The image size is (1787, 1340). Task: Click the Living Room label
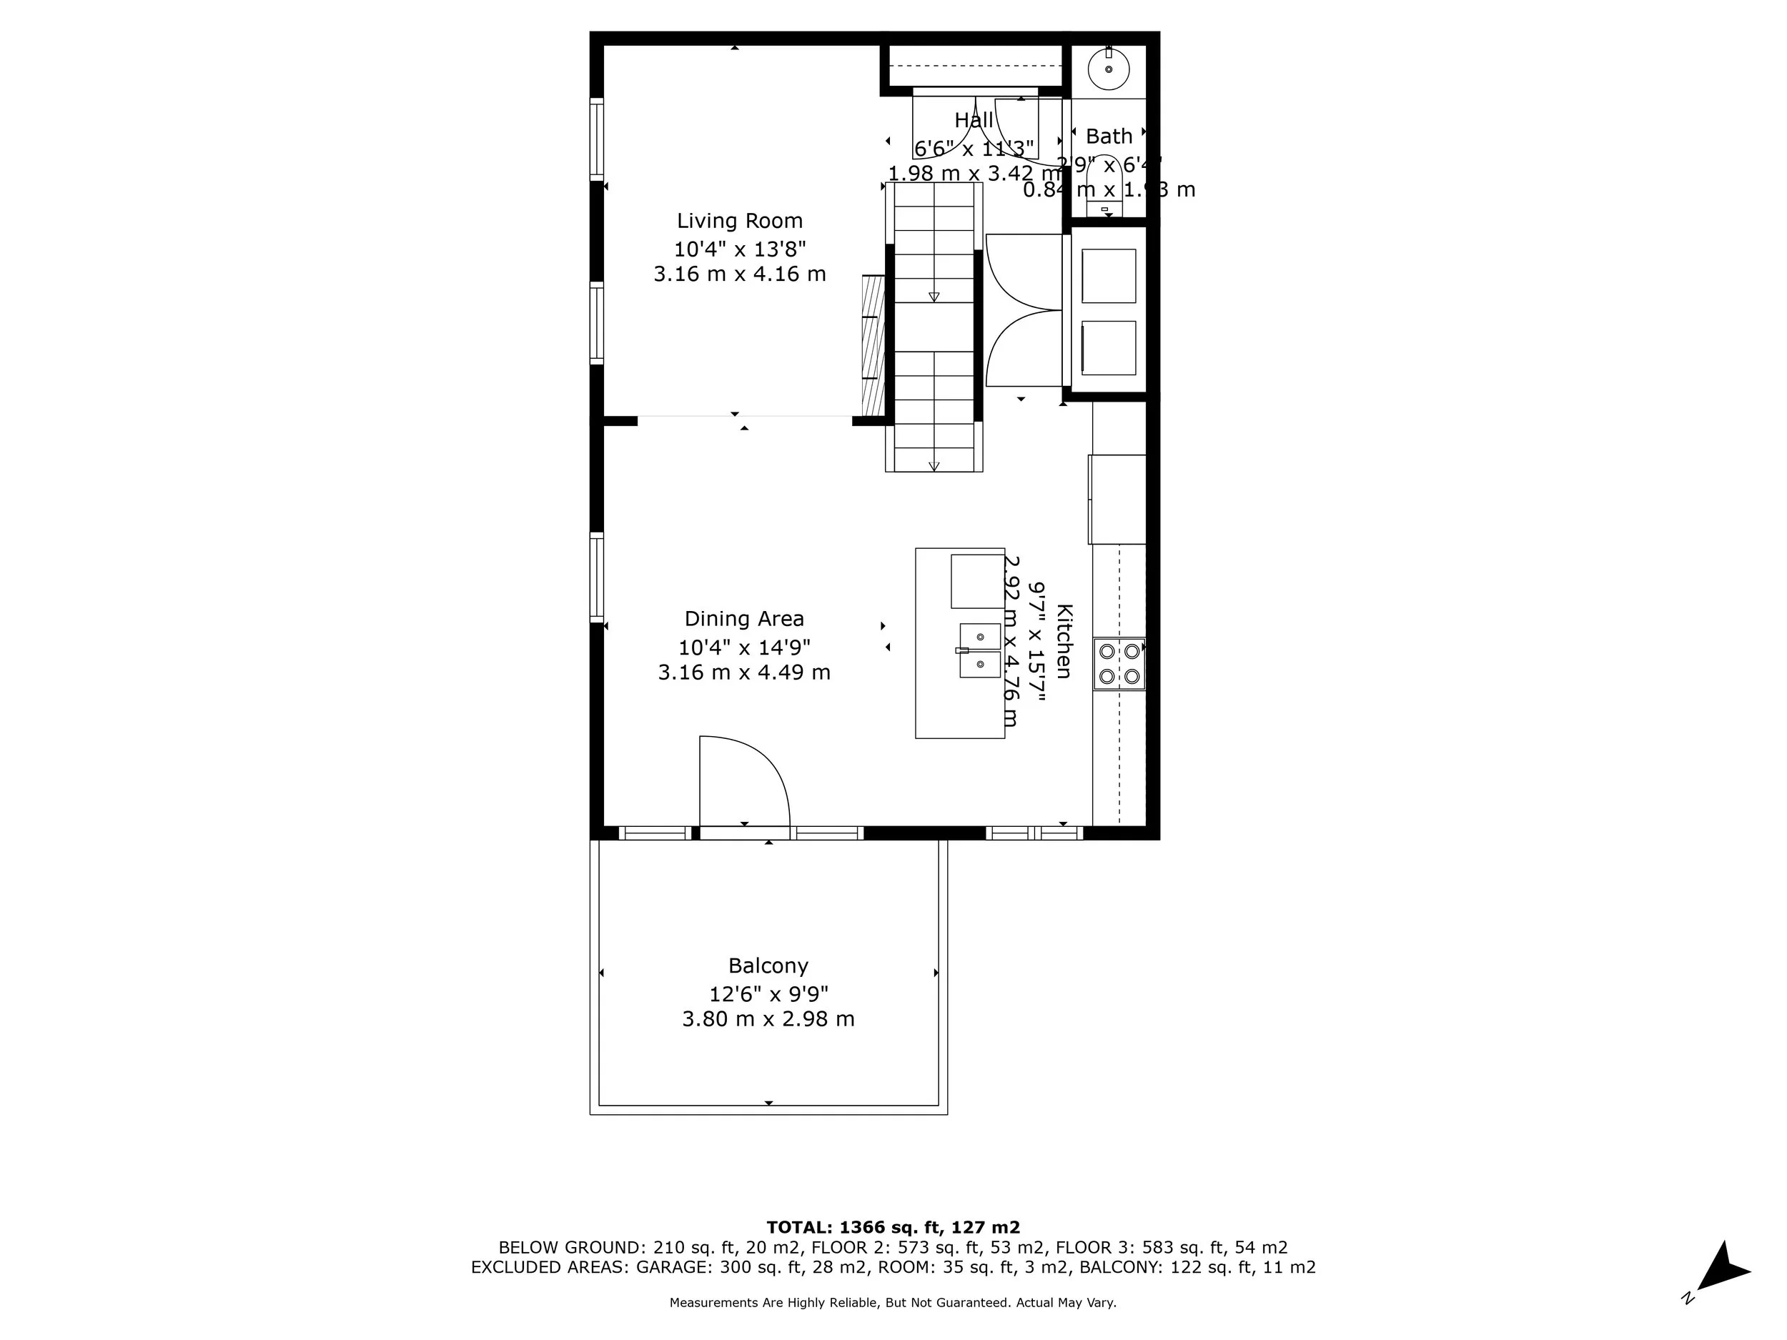[x=739, y=221]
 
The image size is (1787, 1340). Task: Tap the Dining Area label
[x=744, y=619]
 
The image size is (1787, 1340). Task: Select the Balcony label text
[x=768, y=966]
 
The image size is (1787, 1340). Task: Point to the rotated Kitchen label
[x=1064, y=641]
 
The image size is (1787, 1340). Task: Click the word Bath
[x=1109, y=136]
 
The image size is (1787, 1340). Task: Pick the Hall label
[x=974, y=120]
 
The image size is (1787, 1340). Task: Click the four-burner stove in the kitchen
[x=1119, y=664]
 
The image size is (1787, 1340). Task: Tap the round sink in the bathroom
[x=1109, y=69]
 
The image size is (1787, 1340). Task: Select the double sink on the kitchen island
[x=979, y=650]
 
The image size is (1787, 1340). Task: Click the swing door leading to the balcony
[x=743, y=782]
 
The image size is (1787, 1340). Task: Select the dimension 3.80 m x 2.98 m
[x=768, y=1019]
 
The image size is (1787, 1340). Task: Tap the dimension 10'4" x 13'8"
[x=740, y=248]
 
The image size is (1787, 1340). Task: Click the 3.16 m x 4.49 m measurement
[x=744, y=672]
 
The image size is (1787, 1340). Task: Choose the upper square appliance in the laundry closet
[x=1109, y=277]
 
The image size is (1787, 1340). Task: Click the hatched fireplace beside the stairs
[x=873, y=345]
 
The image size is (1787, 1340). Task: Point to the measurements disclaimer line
[x=893, y=1303]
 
